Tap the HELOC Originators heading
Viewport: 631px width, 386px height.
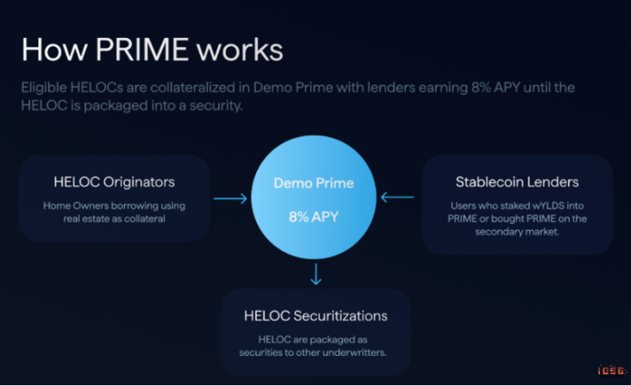point(114,183)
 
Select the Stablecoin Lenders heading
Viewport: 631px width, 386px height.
point(516,182)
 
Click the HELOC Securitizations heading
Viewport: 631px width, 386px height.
point(315,316)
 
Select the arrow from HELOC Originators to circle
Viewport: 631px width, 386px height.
point(230,199)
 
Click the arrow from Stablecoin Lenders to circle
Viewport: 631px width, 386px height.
point(397,198)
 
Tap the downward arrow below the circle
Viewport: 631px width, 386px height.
point(316,275)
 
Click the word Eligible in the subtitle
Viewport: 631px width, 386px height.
point(48,88)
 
